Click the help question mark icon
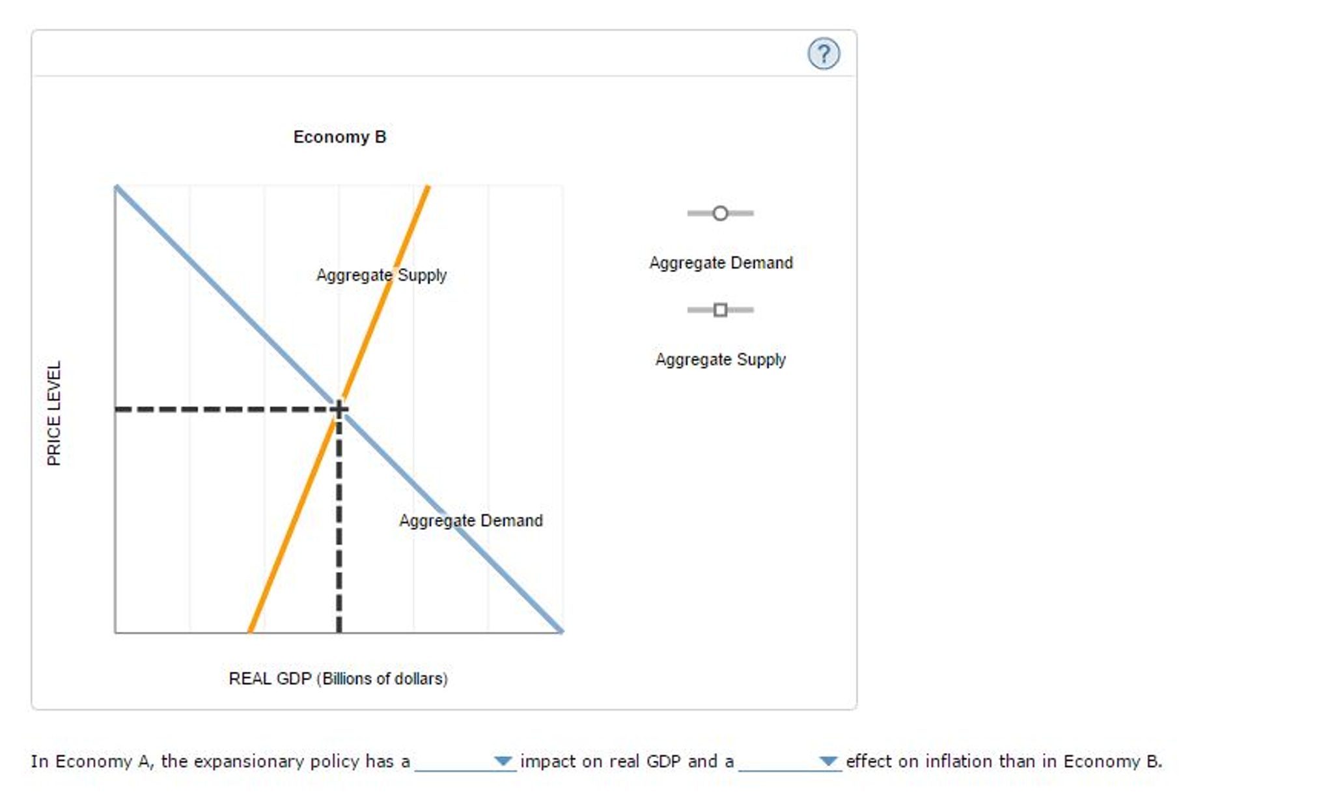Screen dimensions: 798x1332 pos(823,54)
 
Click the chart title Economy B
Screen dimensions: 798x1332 pos(339,137)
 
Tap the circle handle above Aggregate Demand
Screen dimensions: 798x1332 pos(719,213)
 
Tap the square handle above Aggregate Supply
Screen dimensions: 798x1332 pos(719,310)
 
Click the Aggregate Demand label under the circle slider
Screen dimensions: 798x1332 pos(720,263)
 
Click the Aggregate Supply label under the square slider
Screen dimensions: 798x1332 pos(720,359)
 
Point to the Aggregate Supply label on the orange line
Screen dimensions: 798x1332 pos(381,275)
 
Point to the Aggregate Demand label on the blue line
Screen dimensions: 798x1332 pos(470,521)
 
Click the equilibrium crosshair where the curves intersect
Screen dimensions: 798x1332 pos(339,409)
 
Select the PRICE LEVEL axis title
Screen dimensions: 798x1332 pos(55,413)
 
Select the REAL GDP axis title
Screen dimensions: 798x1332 pos(338,678)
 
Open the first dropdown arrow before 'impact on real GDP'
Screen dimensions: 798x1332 pos(503,760)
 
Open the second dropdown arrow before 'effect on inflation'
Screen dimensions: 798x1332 pos(827,760)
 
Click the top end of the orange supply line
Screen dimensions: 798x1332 pos(427,188)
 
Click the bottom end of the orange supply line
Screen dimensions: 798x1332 pos(251,629)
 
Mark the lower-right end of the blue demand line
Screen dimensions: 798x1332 pos(561,629)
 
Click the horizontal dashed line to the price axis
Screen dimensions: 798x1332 pos(221,409)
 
